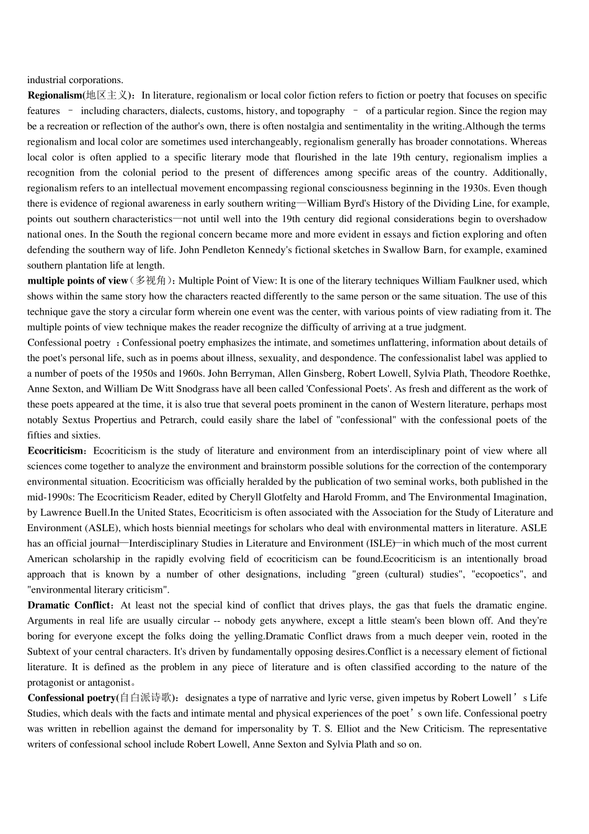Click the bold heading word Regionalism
(x=55, y=96)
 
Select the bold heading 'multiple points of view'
(x=77, y=281)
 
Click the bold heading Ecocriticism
(x=55, y=451)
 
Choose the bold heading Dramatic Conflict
(x=68, y=606)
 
